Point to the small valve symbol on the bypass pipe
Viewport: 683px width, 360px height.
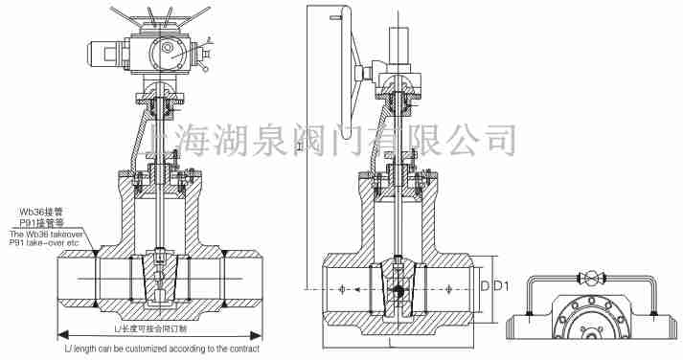pyautogui.click(x=591, y=280)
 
